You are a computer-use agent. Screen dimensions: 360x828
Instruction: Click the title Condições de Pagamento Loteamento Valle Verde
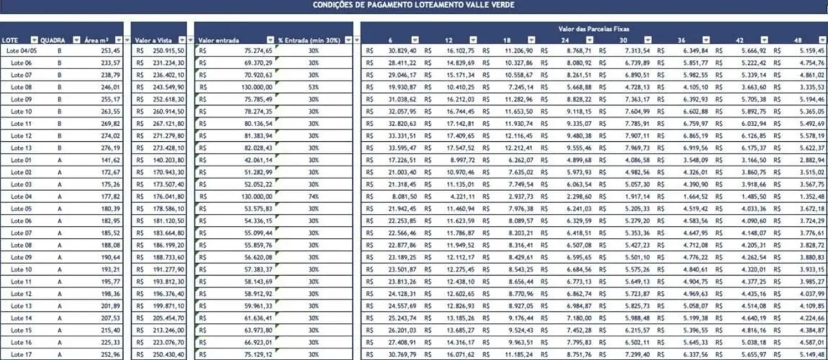pyautogui.click(x=414, y=5)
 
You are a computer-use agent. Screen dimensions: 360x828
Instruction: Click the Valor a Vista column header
pyautogui.click(x=153, y=40)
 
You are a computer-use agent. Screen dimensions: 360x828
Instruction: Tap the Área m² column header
pyautogui.click(x=96, y=40)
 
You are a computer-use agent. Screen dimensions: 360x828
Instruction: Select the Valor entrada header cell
pyautogui.click(x=219, y=40)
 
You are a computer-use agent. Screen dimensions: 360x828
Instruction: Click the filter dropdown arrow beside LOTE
pyautogui.click(x=34, y=40)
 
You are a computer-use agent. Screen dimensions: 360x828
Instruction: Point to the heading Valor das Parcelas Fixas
pyautogui.click(x=593, y=29)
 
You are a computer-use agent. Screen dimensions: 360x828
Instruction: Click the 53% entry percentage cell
pyautogui.click(x=313, y=87)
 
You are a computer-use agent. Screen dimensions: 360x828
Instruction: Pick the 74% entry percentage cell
pyautogui.click(x=313, y=197)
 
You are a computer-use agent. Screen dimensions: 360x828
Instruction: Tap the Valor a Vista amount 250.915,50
pyautogui.click(x=168, y=50)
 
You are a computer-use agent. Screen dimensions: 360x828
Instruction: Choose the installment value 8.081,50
pyautogui.click(x=404, y=197)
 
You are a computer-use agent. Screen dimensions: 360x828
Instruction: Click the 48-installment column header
pyautogui.click(x=798, y=40)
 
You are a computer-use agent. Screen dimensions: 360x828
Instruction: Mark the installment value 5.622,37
pyautogui.click(x=811, y=148)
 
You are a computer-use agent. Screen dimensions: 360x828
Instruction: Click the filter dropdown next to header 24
pyautogui.click(x=589, y=40)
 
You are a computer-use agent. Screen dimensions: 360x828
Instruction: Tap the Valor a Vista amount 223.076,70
pyautogui.click(x=168, y=342)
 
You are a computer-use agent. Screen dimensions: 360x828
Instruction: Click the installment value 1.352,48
pyautogui.click(x=811, y=197)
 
